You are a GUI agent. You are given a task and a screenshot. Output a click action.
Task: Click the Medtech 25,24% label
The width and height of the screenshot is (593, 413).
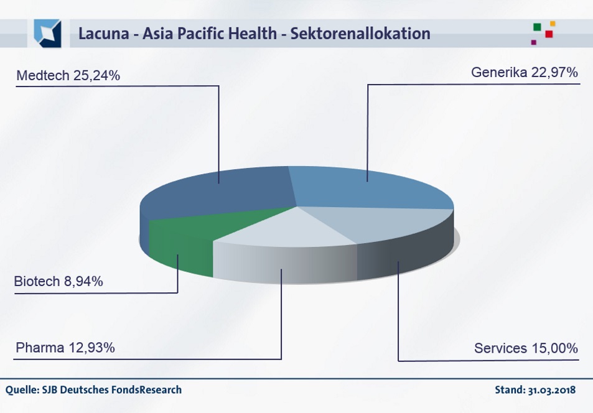68,75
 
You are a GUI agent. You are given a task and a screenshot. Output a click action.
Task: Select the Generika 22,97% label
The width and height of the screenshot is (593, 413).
524,72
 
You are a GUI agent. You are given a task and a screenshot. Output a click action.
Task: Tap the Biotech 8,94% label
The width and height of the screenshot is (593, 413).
58,281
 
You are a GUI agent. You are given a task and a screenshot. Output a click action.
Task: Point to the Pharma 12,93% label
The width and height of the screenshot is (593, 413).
65,348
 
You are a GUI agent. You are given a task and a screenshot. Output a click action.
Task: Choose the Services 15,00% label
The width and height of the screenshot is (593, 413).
526,348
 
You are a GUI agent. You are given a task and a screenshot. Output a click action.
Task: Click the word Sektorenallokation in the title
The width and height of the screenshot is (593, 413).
360,34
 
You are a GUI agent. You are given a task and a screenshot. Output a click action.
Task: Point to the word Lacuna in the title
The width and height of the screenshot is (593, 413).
103,34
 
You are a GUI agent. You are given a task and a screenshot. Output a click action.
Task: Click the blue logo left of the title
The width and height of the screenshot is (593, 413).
47,34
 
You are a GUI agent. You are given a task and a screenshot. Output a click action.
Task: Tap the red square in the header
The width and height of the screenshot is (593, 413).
549,34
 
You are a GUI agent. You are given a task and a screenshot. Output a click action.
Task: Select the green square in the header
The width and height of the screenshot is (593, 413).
537,27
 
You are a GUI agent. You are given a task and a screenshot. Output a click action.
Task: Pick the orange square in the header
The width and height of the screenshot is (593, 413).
553,24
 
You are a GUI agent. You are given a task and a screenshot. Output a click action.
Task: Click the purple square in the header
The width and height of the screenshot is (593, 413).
534,42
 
